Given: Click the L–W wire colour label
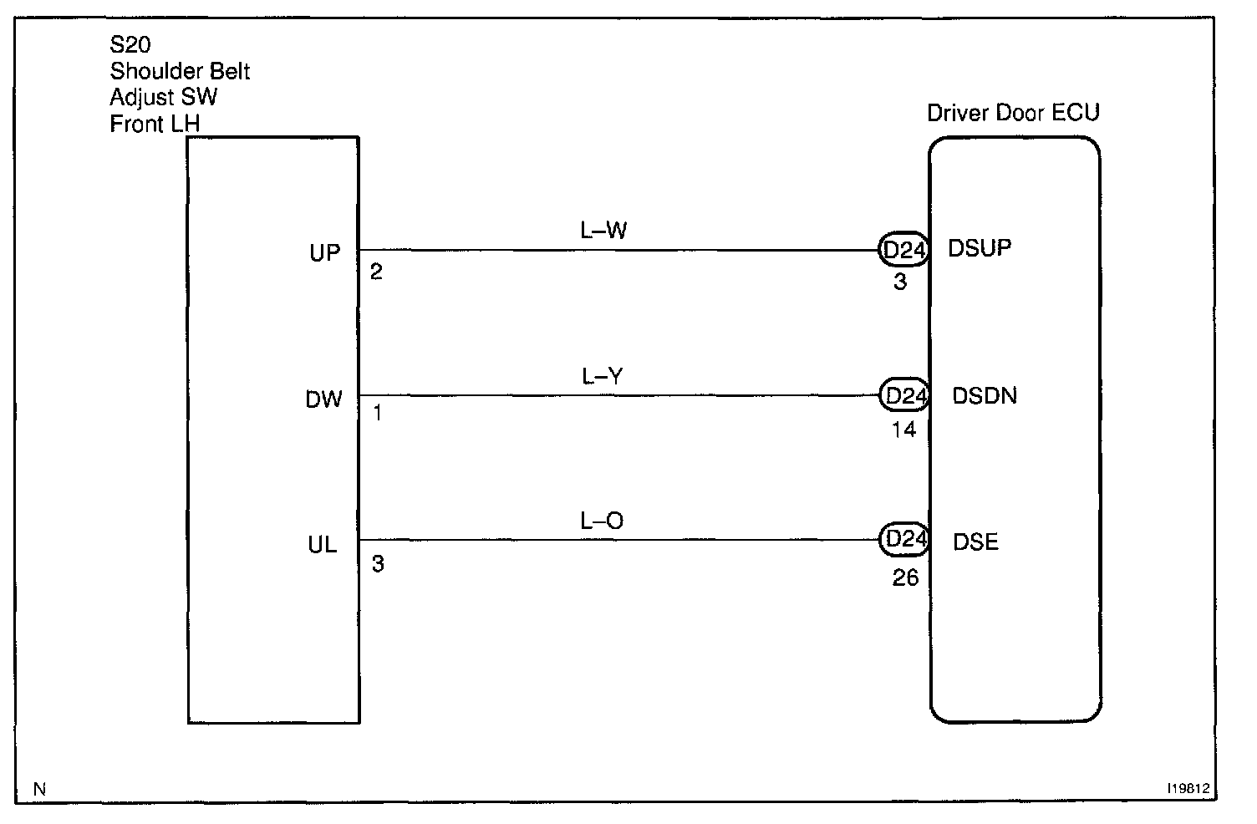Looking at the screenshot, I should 603,230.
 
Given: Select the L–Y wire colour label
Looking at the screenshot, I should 603,377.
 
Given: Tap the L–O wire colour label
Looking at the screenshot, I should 602,521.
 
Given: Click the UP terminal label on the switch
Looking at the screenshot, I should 324,252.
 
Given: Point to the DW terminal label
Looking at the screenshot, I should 323,399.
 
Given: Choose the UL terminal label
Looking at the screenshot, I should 322,546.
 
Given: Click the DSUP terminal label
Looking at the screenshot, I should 980,248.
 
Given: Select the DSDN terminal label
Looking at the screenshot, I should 985,395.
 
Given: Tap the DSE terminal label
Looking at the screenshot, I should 975,542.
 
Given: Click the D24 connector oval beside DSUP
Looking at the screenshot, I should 903,249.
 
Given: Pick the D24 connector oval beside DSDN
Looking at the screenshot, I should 903,394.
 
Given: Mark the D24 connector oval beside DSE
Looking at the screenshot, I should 903,540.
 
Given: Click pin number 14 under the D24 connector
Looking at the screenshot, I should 903,430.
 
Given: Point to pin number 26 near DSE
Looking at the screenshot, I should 905,577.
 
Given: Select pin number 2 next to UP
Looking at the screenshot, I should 376,272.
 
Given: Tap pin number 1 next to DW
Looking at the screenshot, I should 377,413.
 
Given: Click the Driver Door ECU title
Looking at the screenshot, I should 1013,113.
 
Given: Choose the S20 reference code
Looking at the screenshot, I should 130,45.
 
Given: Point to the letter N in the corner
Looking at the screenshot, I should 39,788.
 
